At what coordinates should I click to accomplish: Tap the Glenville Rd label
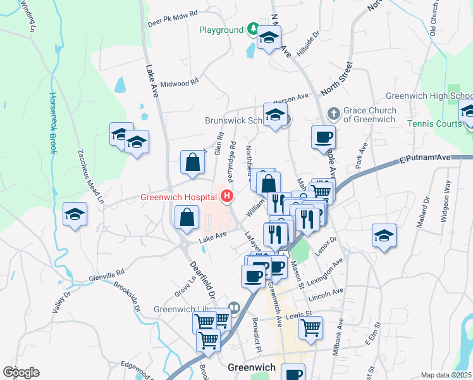coord(107,277)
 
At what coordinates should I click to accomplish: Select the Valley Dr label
coord(61,302)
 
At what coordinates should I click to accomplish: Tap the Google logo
coord(21,372)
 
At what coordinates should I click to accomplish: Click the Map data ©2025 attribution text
coord(445,375)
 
